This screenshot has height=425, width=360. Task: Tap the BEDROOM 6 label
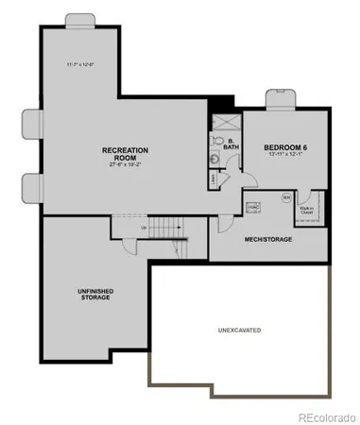point(285,147)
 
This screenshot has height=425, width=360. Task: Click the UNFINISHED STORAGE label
point(94,294)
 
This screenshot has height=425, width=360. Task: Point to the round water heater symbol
point(286,197)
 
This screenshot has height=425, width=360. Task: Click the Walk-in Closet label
point(307,212)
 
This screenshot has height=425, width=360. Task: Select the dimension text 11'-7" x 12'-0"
point(79,63)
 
